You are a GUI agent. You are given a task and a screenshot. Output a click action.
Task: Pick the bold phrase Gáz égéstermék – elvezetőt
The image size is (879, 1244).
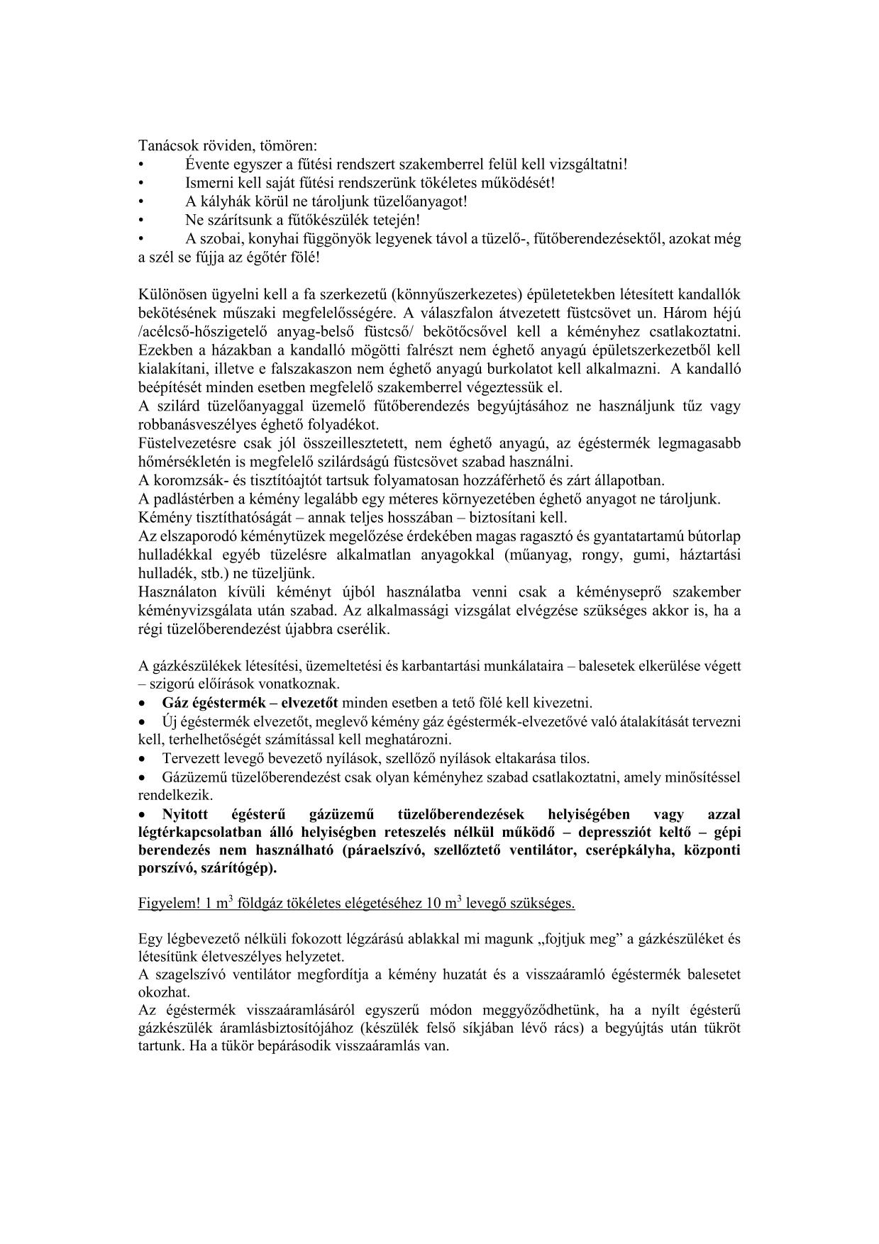(x=250, y=703)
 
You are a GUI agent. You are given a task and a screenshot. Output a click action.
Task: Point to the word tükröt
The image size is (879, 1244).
(x=722, y=1027)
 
